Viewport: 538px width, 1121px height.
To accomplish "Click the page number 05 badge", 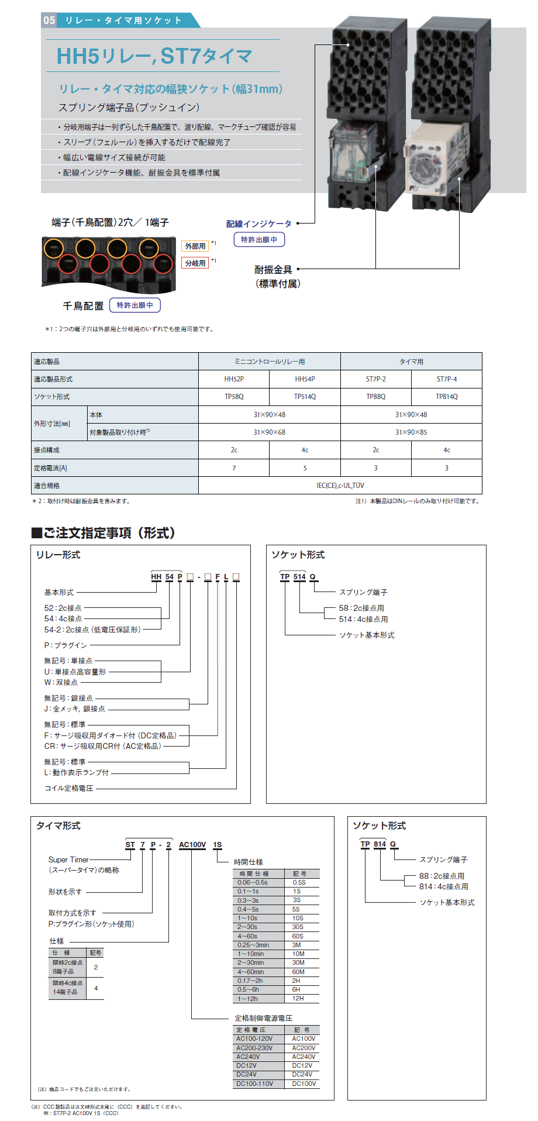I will pyautogui.click(x=49, y=20).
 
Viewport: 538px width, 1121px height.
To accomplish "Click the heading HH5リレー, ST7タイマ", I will pyautogui.click(x=154, y=56).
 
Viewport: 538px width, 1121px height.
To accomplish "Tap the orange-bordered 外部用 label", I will pyautogui.click(x=195, y=246).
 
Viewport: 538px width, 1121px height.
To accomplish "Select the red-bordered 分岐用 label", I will pyautogui.click(x=195, y=263).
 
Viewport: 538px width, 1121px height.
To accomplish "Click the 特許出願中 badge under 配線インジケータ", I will pyautogui.click(x=259, y=239).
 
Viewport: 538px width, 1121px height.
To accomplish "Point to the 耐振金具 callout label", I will pyautogui.click(x=273, y=270).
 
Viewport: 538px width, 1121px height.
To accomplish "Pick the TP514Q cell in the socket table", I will pyautogui.click(x=305, y=397).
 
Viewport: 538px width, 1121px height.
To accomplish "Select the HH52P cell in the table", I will pyautogui.click(x=234, y=379).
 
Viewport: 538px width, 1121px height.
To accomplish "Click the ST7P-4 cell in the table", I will pyautogui.click(x=447, y=379).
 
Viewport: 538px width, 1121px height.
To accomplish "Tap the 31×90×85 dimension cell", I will pyautogui.click(x=411, y=432).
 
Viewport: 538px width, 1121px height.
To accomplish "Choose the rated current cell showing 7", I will pyautogui.click(x=234, y=468).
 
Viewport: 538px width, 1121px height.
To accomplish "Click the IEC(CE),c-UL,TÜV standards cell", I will pyautogui.click(x=340, y=486).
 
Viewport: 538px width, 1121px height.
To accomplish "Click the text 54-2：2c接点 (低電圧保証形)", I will pyautogui.click(x=92, y=630).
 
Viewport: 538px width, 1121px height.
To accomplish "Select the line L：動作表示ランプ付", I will pyautogui.click(x=77, y=772).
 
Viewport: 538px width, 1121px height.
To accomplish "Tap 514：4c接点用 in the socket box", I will pyautogui.click(x=363, y=619).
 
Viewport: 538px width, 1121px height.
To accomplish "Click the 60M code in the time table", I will pyautogui.click(x=298, y=972).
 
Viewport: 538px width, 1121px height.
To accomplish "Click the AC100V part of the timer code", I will pyautogui.click(x=192, y=845).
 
